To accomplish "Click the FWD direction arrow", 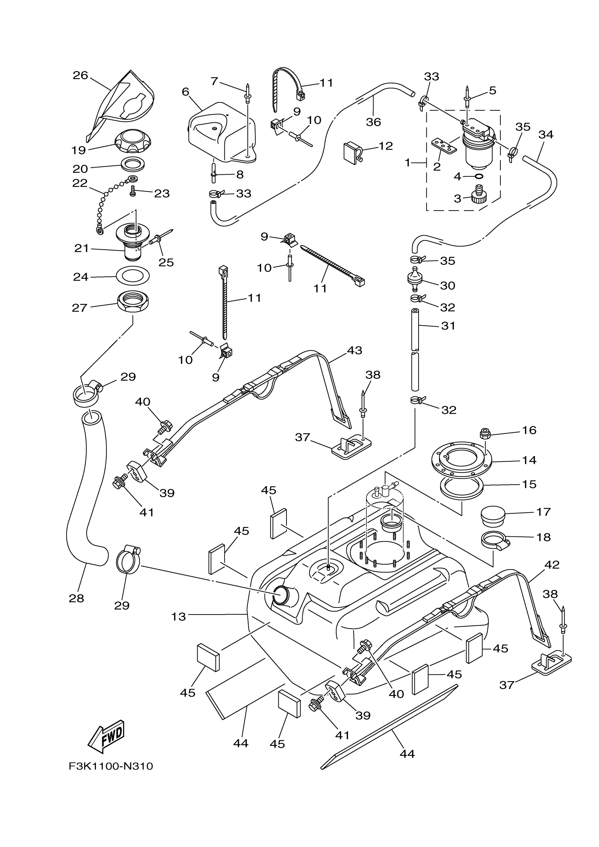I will pos(106,736).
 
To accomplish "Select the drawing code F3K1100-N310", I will pos(111,766).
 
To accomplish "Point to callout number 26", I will pos(80,75).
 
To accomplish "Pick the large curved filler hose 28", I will pos(87,498).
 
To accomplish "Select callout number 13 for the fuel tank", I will pos(178,616).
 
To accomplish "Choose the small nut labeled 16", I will pos(485,434).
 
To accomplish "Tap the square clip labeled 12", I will pos(352,151).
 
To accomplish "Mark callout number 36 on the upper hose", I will pos(373,122).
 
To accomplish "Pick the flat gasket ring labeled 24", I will pos(133,276).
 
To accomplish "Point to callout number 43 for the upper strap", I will pos(354,350).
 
